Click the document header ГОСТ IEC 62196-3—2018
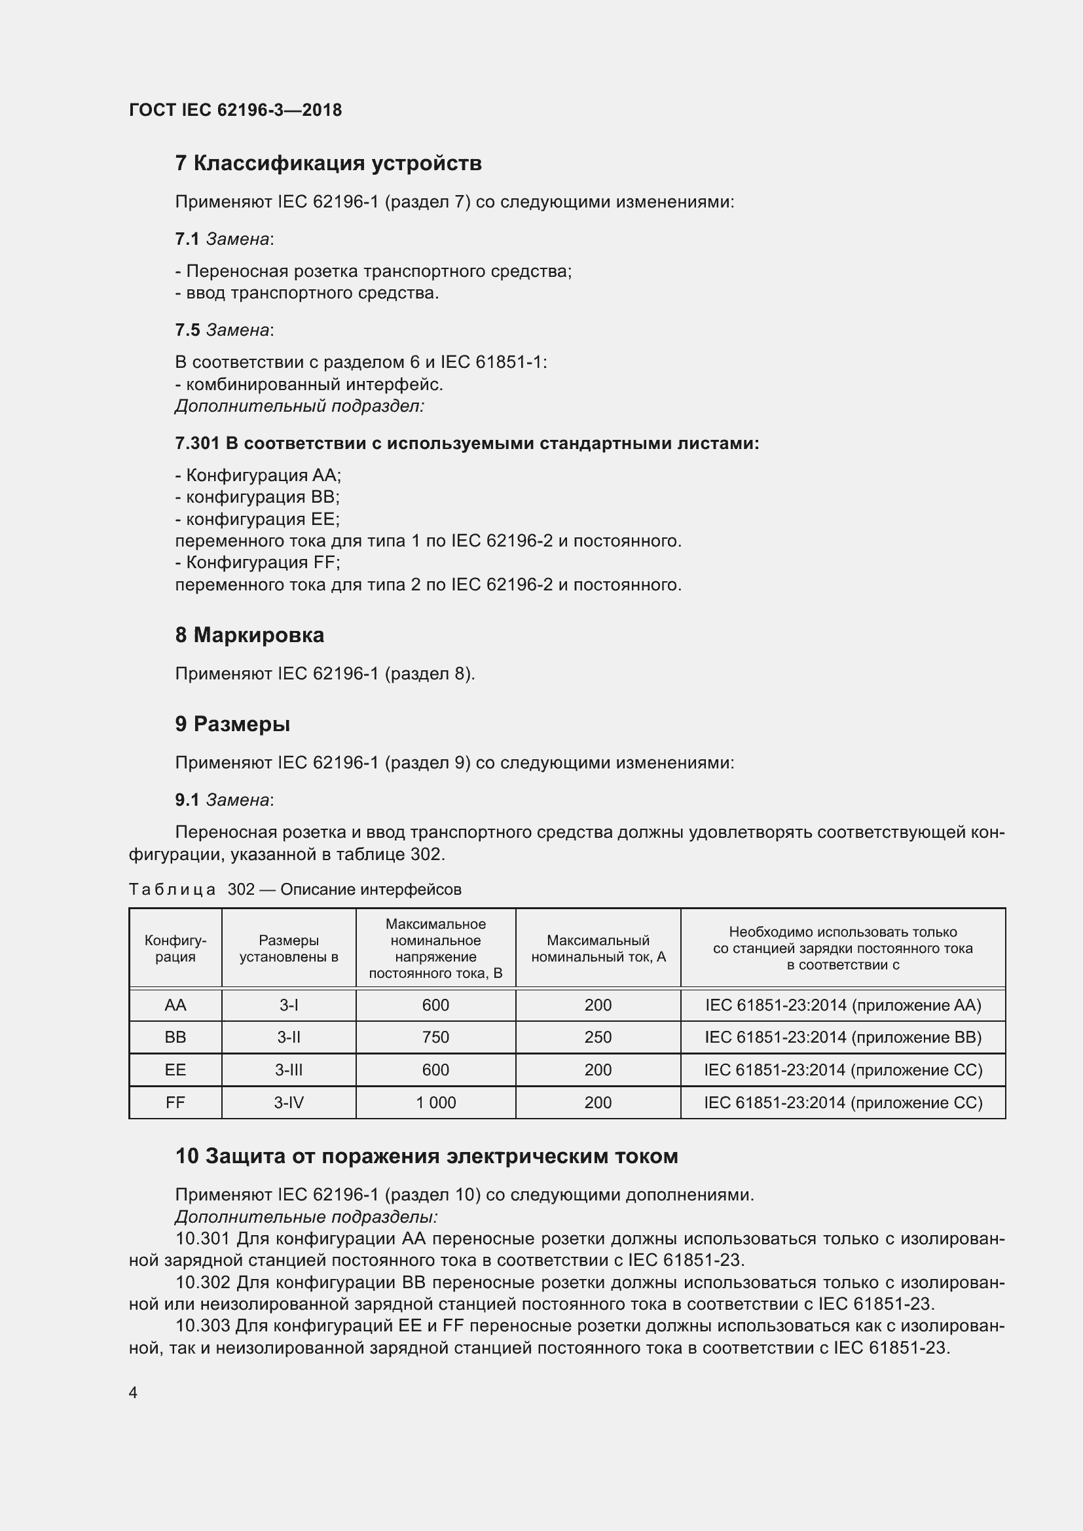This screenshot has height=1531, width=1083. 235,110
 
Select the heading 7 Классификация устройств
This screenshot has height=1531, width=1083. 327,164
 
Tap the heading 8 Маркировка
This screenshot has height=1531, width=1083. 249,635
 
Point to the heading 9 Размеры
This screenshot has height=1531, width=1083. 232,724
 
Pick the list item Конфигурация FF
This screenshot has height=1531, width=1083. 257,563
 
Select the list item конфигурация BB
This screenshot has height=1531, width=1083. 257,497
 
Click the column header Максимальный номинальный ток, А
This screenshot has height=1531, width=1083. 598,948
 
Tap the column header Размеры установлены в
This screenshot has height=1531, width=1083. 289,948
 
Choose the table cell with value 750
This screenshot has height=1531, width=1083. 435,1037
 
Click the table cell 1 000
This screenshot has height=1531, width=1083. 435,1103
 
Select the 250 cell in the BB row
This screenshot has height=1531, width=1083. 598,1037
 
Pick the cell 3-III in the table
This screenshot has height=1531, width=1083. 289,1070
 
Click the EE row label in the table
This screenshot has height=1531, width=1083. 175,1070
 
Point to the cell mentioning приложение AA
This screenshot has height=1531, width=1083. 843,1005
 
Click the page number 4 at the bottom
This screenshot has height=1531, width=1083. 133,1393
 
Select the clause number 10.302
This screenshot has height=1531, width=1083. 203,1282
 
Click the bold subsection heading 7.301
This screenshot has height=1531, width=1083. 467,443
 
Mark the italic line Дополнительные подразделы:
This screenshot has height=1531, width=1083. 306,1217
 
